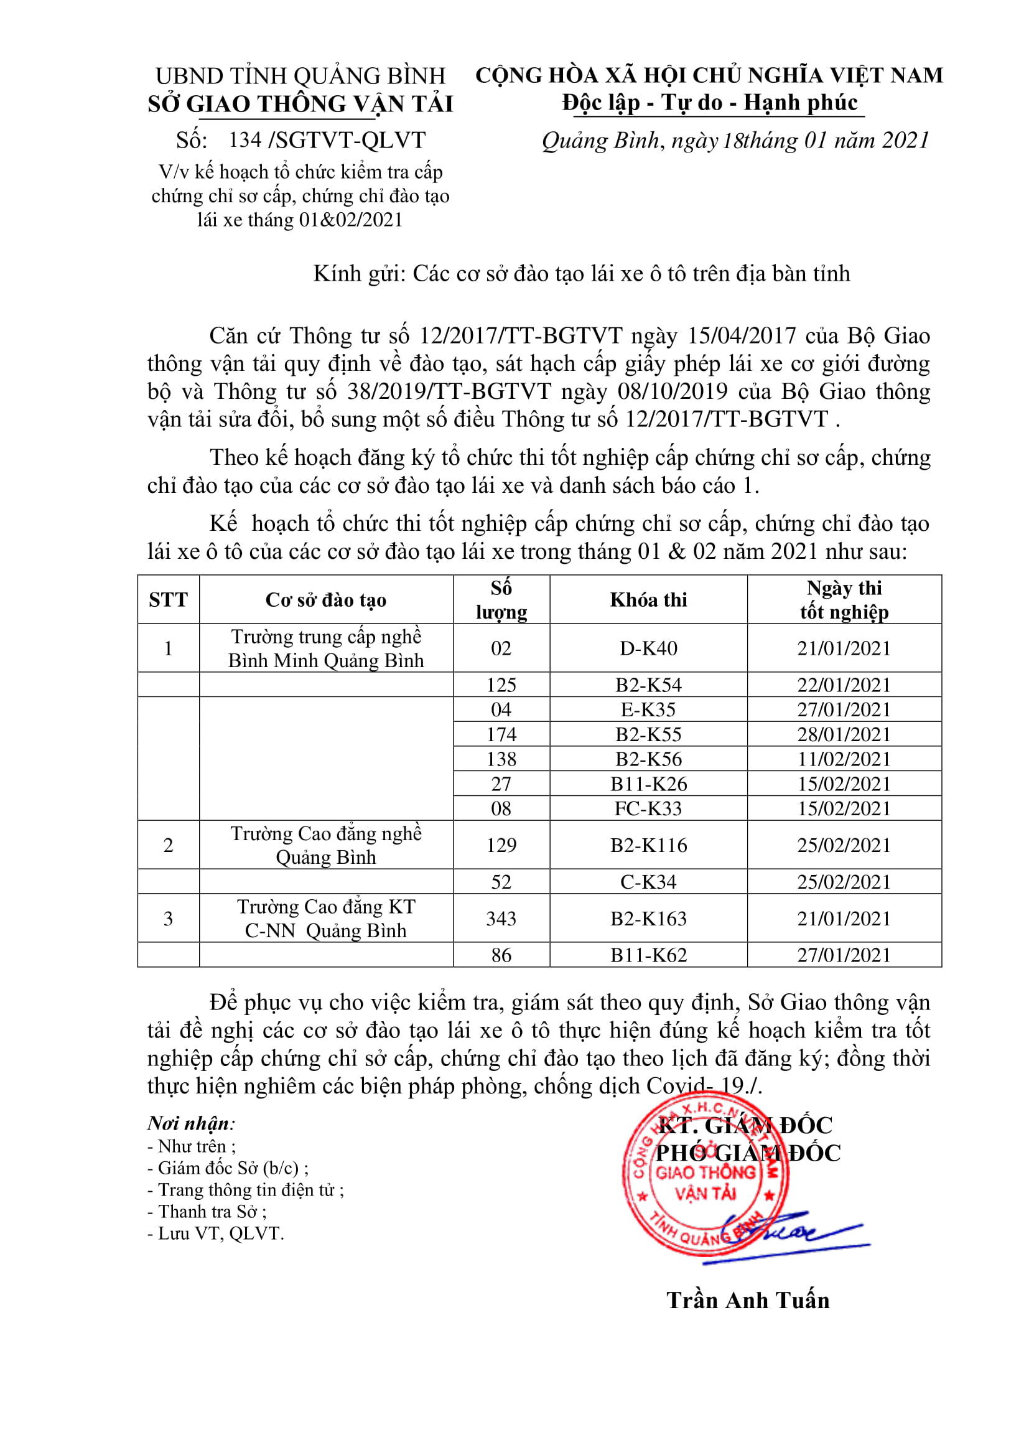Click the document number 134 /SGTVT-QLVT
(327, 140)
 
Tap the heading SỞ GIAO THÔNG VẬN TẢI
(300, 104)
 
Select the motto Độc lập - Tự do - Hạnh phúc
(710, 102)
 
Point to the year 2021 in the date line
(905, 140)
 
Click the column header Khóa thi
(648, 599)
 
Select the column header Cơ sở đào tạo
(325, 599)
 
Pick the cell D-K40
(648, 648)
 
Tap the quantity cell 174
(501, 734)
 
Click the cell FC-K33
(648, 808)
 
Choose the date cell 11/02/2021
(844, 759)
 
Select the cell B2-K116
(648, 844)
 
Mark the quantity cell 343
(501, 919)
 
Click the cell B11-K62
(648, 955)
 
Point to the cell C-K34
(648, 881)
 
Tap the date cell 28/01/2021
(844, 734)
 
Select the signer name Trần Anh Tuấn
(748, 1300)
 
